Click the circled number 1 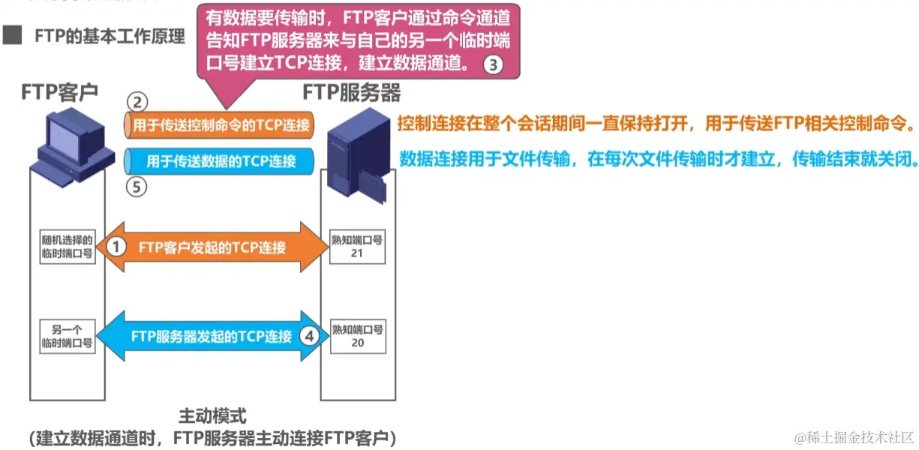point(116,246)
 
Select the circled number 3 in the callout point(493,64)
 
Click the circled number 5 point(137,187)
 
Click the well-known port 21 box point(357,247)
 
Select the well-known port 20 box point(357,336)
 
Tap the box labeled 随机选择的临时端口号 point(68,247)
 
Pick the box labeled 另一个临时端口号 point(68,336)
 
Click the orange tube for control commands point(219,125)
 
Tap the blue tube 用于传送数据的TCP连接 point(219,160)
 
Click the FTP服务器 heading point(351,92)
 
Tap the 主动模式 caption point(212,415)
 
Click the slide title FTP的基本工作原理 point(110,37)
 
